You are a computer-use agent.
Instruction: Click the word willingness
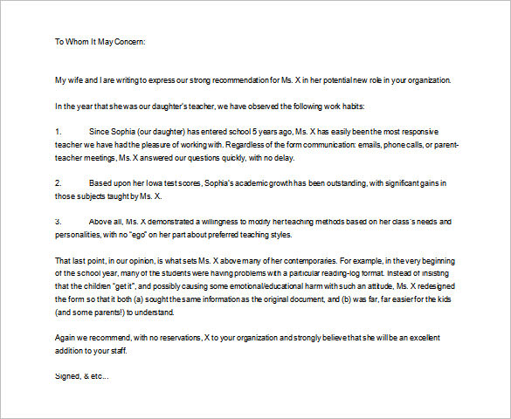click(234, 222)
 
